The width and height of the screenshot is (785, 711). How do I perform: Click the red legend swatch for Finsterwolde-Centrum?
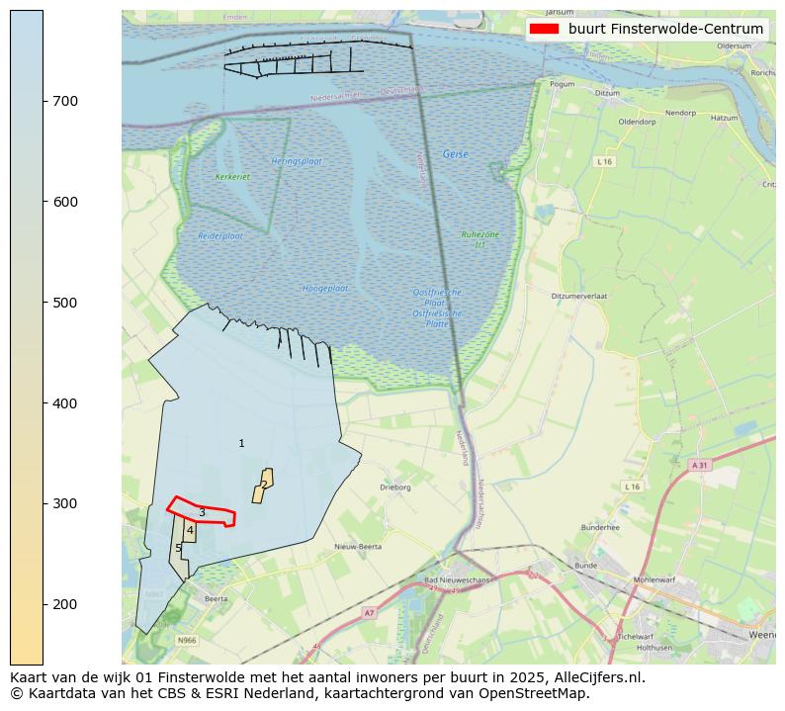(x=544, y=29)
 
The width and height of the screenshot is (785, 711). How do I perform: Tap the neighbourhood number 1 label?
(x=241, y=443)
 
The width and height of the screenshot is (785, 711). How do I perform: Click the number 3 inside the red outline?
(x=202, y=512)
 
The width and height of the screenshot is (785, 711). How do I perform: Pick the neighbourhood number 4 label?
(x=190, y=531)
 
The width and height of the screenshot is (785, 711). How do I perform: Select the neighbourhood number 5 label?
(x=178, y=548)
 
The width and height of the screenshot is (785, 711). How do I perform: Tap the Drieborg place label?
(x=395, y=488)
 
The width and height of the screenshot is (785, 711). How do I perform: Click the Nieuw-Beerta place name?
(x=358, y=546)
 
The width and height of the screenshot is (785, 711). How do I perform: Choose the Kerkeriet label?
(x=232, y=177)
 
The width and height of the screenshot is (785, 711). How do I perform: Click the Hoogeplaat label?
(x=325, y=288)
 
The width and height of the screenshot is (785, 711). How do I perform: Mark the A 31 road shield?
(x=699, y=465)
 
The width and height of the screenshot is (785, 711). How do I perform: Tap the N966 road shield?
(x=187, y=641)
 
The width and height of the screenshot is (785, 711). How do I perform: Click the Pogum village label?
(x=562, y=85)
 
